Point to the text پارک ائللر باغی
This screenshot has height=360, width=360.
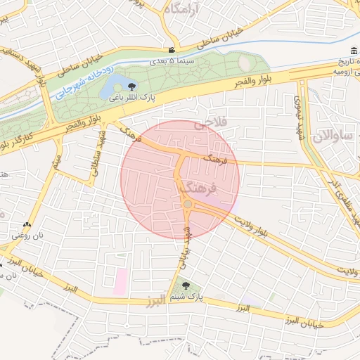tap(131, 99)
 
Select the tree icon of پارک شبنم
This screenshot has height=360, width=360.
tap(185, 285)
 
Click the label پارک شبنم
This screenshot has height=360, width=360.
tap(186, 297)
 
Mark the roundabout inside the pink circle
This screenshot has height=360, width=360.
tap(187, 204)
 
